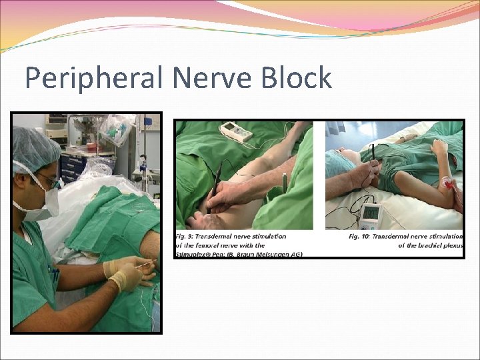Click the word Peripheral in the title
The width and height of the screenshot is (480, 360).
tap(94, 78)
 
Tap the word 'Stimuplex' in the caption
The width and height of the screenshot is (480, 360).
tap(194, 253)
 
